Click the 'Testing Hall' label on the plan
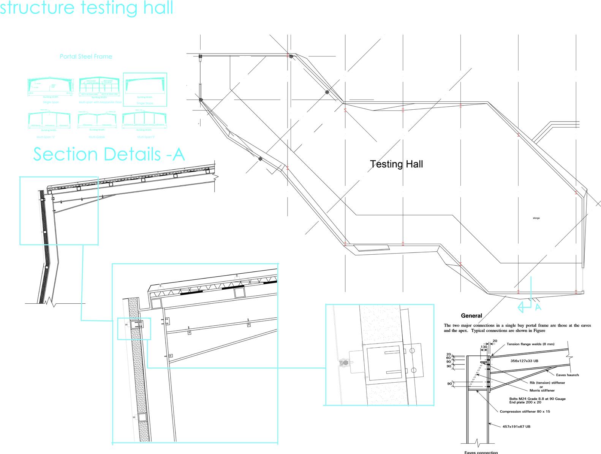coord(396,164)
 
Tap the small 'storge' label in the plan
coord(536,218)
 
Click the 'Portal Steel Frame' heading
coord(86,57)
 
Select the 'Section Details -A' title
coord(109,154)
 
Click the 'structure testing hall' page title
coord(87,8)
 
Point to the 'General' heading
coord(471,315)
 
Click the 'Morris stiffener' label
coord(542,390)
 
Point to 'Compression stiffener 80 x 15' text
coord(525,411)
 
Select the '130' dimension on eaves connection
coord(484,347)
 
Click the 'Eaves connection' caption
coord(481,452)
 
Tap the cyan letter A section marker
coord(538,307)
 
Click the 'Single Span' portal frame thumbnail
coord(50,87)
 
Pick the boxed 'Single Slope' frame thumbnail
coord(145,88)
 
